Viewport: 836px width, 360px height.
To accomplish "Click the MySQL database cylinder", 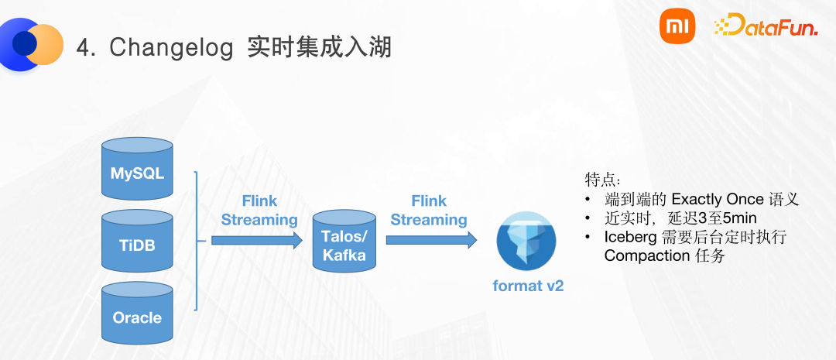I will tap(137, 170).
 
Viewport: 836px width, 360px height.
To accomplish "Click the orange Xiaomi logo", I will tap(677, 28).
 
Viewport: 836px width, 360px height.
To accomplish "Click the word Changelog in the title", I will tap(171, 48).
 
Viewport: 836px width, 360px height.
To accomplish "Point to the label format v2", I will tap(528, 286).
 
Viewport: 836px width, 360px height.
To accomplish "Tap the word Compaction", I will tap(646, 255).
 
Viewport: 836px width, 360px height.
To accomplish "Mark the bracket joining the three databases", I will tap(197, 241).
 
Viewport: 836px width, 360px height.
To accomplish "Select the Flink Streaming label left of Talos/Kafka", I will tap(259, 210).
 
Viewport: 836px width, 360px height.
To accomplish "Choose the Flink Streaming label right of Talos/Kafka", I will tap(428, 210).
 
